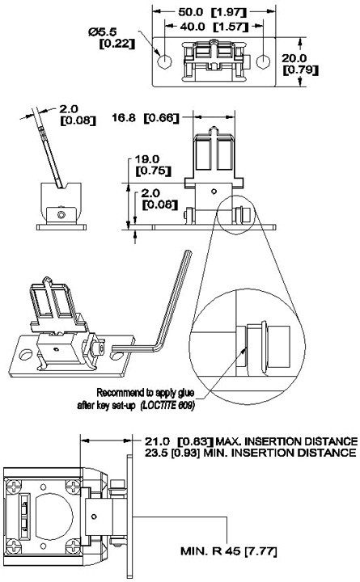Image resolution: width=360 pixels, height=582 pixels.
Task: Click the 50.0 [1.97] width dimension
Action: pyautogui.click(x=212, y=12)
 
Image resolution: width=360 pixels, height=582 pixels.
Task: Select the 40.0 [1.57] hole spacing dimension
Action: pyautogui.click(x=213, y=27)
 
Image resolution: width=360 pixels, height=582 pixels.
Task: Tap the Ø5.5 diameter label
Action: pyautogui.click(x=103, y=32)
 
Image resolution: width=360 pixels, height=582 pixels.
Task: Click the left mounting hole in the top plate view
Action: pyautogui.click(x=164, y=61)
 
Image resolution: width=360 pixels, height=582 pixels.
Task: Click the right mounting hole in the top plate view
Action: pyautogui.click(x=264, y=61)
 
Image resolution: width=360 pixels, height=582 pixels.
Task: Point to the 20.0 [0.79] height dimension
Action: pyautogui.click(x=300, y=64)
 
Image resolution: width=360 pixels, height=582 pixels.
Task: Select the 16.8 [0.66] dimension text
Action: pyautogui.click(x=146, y=118)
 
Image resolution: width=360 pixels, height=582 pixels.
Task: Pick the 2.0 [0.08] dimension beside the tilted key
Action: pyautogui.click(x=78, y=115)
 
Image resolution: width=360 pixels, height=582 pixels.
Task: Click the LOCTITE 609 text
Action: pyautogui.click(x=168, y=405)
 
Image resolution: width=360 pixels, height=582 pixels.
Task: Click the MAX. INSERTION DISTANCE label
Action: pyautogui.click(x=286, y=441)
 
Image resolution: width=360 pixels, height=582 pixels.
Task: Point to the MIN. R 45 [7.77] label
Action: pyautogui.click(x=228, y=551)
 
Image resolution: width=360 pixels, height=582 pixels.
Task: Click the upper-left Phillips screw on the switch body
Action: pyautogui.click(x=14, y=487)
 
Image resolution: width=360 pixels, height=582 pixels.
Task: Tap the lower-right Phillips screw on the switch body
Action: pyautogui.click(x=73, y=546)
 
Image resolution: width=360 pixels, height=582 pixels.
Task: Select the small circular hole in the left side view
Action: pyautogui.click(x=61, y=214)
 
